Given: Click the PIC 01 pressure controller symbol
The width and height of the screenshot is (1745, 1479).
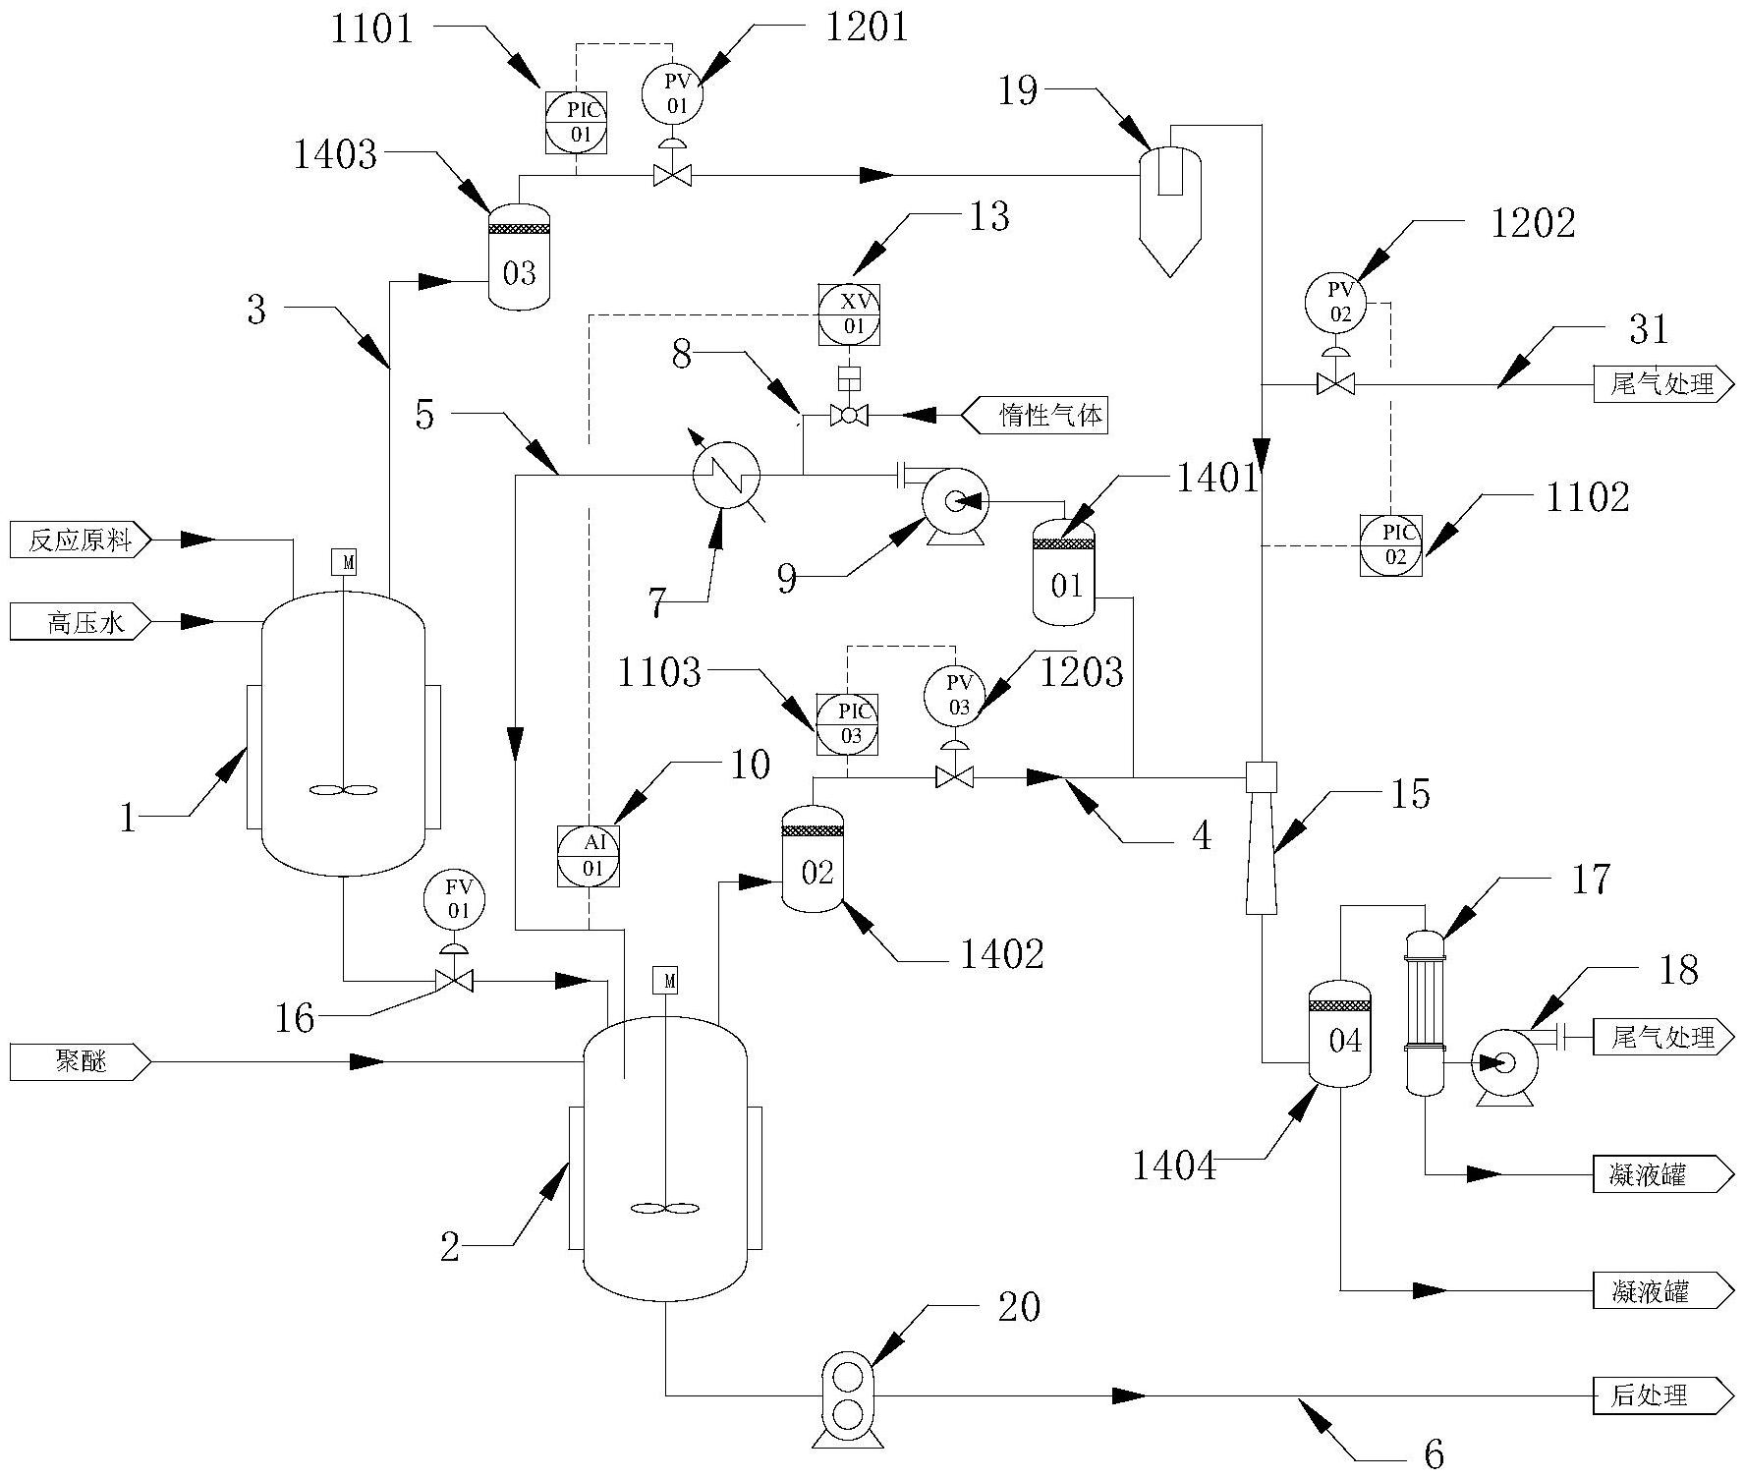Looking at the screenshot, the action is [x=575, y=122].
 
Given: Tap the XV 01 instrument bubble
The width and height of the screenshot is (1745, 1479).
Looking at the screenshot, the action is [x=850, y=313].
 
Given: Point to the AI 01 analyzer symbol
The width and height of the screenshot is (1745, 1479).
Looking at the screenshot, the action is [x=589, y=856].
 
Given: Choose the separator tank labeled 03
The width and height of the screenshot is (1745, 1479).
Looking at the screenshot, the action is [x=519, y=256].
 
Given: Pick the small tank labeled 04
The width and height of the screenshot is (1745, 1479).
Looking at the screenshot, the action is [x=1341, y=1032].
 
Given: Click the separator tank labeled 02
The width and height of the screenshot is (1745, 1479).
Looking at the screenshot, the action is [x=813, y=859].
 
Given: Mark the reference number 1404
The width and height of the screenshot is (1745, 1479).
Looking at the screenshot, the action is [x=1174, y=1166].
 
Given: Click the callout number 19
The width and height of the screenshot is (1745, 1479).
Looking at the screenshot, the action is [x=1019, y=91].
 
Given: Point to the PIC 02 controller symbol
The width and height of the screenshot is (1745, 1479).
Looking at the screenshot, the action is [x=1390, y=544].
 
